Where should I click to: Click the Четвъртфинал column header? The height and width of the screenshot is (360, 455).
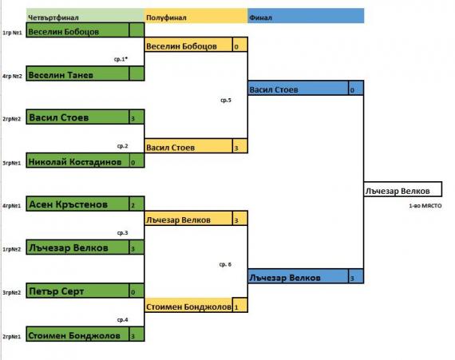[x=53, y=18]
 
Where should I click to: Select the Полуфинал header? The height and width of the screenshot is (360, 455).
[x=166, y=18]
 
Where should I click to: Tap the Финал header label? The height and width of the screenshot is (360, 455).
[x=260, y=18]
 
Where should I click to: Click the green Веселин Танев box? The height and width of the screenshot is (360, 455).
[x=77, y=73]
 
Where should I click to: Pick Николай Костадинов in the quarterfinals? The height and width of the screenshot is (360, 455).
[x=77, y=160]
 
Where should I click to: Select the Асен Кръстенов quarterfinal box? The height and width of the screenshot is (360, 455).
[x=77, y=204]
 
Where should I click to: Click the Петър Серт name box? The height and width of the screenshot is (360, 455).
[x=77, y=291]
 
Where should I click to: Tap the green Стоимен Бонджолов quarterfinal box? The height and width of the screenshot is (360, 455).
[x=77, y=334]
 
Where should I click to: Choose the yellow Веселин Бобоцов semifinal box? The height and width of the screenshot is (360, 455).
[x=188, y=45]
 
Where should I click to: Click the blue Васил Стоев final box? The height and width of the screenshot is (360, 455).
[x=298, y=88]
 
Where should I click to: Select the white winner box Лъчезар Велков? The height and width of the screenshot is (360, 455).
[x=403, y=189]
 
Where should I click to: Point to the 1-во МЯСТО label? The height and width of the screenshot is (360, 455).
[x=425, y=206]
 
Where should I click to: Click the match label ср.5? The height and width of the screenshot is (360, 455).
[x=226, y=100]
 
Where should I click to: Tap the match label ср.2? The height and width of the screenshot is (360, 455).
[x=122, y=146]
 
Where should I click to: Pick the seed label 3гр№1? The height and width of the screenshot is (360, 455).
[x=12, y=163]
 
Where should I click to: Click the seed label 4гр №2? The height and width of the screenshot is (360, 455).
[x=12, y=77]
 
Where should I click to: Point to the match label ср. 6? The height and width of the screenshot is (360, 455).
[x=225, y=264]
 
